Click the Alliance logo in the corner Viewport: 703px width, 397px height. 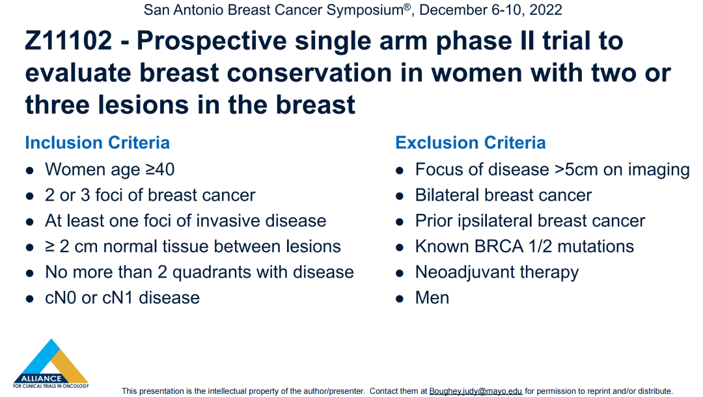tap(51, 364)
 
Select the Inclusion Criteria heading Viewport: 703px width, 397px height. tap(97, 143)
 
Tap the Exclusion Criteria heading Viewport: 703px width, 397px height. tap(471, 143)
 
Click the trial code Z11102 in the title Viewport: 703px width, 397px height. tap(68, 40)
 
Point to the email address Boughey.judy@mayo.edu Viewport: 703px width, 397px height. tap(476, 391)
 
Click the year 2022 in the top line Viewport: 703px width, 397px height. tap(545, 10)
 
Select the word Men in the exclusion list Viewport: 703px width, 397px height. tap(432, 298)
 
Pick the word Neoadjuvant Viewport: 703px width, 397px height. tap(464, 272)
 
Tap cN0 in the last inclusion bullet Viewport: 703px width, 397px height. tap(61, 298)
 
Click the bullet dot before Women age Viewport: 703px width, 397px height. tap(30, 171)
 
